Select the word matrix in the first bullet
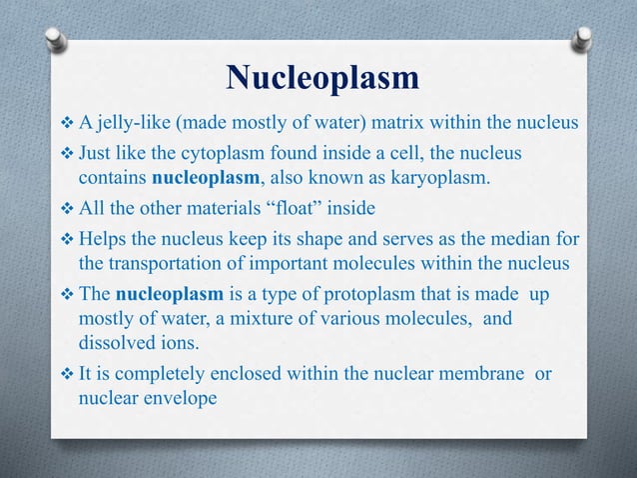coord(408,123)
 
